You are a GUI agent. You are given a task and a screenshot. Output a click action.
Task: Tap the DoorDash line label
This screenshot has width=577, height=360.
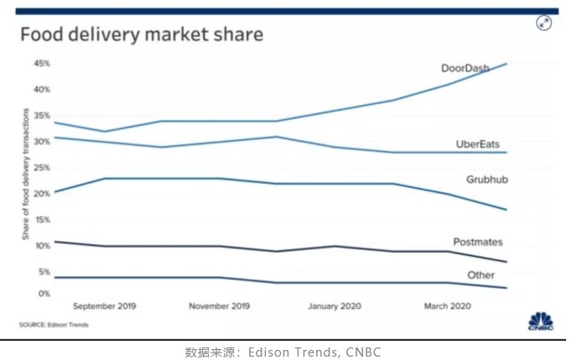pos(465,67)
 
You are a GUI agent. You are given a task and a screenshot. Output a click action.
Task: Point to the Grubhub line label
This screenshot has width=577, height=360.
pos(485,180)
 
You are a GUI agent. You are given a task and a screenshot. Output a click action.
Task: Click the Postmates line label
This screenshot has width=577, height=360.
pos(478,242)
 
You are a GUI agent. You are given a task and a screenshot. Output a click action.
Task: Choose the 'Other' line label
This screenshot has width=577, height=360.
pos(481,274)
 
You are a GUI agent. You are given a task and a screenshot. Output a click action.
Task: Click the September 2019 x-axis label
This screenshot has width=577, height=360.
pos(105,306)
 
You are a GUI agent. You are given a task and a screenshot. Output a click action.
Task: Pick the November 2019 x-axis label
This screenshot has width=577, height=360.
pos(219,306)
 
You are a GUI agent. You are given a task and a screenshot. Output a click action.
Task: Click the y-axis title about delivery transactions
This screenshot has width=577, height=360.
pos(26,175)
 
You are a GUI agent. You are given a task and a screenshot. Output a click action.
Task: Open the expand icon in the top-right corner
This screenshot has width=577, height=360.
pos(544,23)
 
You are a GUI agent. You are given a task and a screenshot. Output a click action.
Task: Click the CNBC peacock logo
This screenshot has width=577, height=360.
pos(539,321)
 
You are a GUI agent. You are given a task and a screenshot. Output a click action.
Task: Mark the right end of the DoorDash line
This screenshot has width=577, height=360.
pos(507,64)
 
